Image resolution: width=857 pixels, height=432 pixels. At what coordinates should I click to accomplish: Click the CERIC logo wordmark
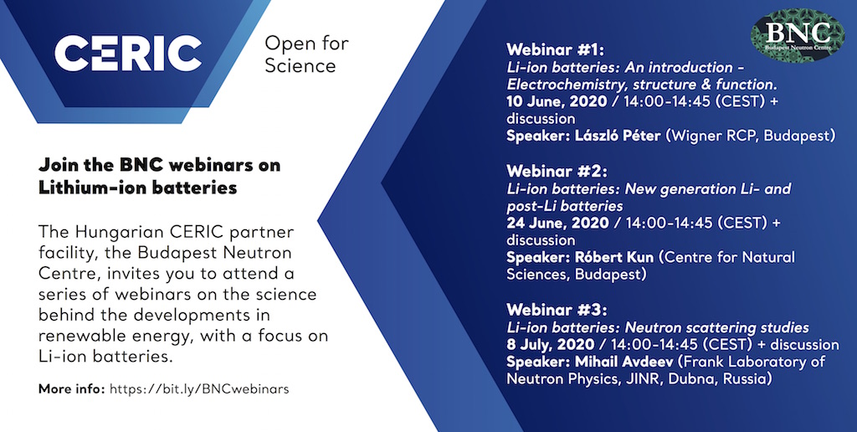[128, 54]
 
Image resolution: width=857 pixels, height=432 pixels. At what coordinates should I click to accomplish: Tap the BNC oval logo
[798, 34]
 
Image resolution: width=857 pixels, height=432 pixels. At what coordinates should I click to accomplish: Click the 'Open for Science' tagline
[306, 54]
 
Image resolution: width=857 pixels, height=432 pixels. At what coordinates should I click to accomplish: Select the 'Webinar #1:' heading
[556, 49]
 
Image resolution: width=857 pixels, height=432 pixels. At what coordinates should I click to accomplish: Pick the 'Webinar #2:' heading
[557, 171]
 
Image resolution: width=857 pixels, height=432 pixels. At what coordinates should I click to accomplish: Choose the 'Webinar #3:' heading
[557, 310]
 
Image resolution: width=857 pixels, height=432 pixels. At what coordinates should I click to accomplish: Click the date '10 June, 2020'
[557, 101]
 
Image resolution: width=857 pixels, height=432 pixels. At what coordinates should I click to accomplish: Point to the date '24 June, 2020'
[557, 223]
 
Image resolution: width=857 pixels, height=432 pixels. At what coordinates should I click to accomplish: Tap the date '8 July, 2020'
[551, 344]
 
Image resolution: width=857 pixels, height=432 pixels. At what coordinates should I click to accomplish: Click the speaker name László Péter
[618, 136]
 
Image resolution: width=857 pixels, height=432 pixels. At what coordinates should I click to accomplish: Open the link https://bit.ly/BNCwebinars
[199, 389]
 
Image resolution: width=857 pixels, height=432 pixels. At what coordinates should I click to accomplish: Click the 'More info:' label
[72, 389]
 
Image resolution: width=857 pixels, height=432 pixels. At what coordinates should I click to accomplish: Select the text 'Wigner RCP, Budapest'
[750, 136]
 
